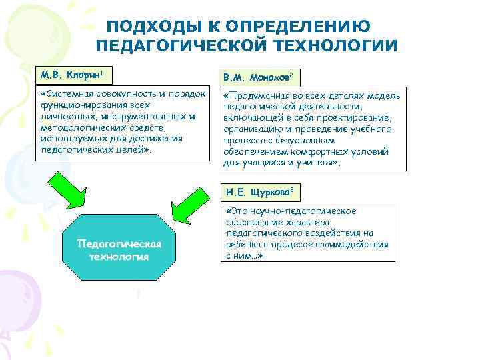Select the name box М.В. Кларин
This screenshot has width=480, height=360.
click(73, 72)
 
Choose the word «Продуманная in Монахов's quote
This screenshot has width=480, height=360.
click(256, 95)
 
